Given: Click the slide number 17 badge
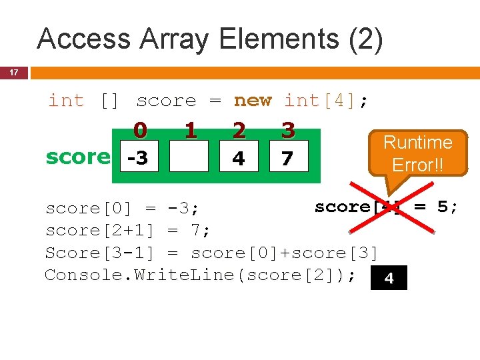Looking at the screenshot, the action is click(x=13, y=72).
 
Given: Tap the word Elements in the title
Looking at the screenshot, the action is click(x=277, y=39).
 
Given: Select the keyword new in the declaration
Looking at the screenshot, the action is click(x=253, y=101).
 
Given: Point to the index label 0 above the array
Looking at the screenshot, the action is click(x=139, y=129).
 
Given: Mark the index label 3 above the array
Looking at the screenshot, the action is click(x=289, y=129).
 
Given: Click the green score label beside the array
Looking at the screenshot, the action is click(x=77, y=157).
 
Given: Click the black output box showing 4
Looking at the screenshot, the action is click(x=389, y=278).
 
